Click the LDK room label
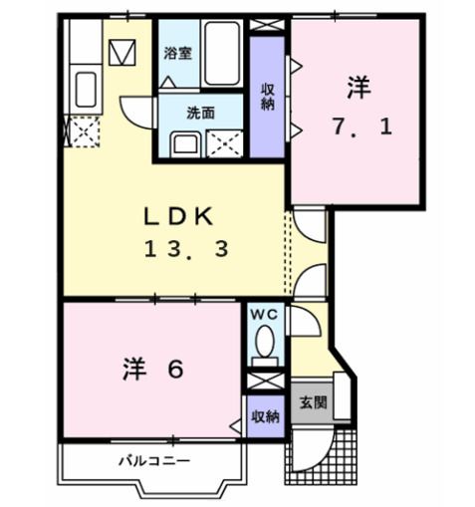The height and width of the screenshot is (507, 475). pos(176,215)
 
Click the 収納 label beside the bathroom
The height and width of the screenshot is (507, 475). pos(268,98)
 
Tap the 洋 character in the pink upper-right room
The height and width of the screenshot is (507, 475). pos(359,89)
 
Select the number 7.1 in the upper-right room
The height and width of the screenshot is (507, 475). pos(360,127)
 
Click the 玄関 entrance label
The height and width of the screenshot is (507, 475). pos(313,403)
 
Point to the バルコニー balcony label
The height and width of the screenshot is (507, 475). pos(154,459)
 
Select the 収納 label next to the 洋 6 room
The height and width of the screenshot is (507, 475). pos(264,414)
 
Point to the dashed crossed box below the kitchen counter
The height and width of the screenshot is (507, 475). pos(83,130)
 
